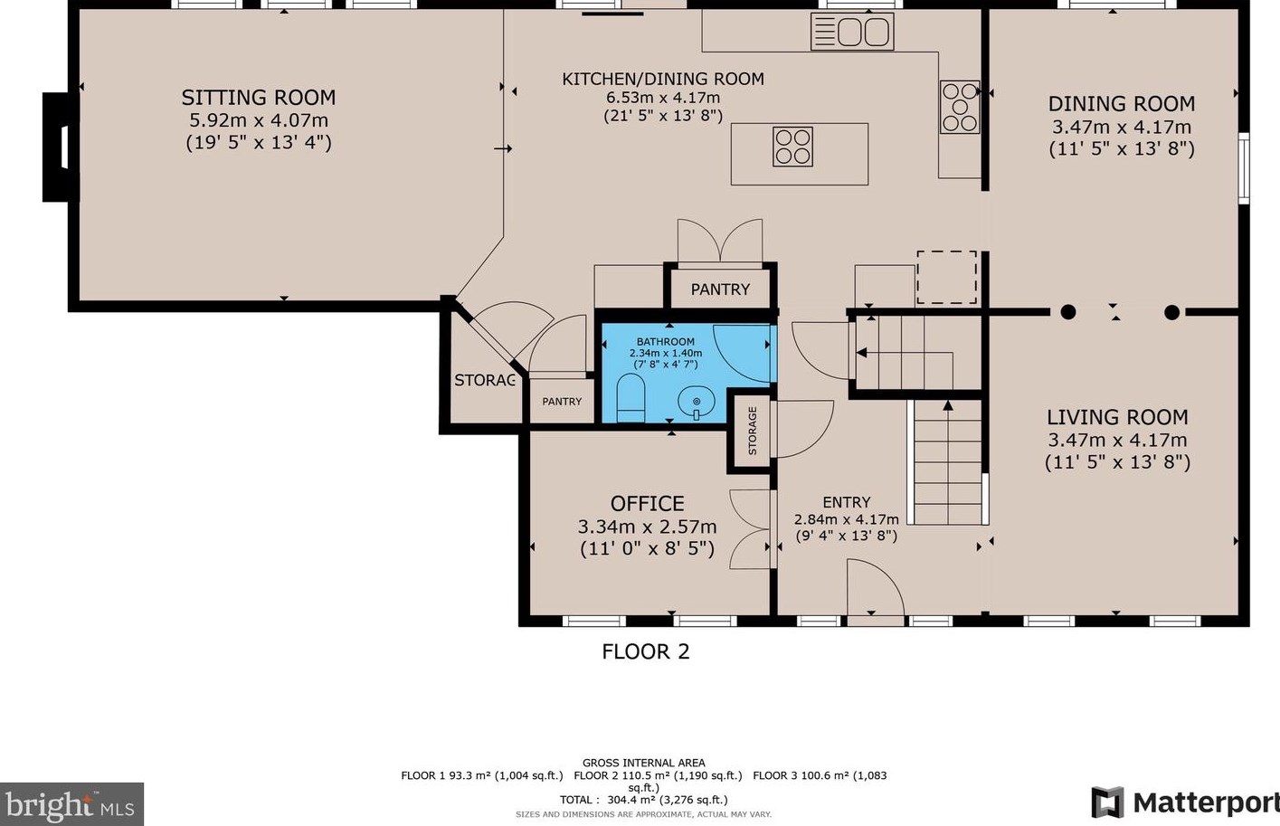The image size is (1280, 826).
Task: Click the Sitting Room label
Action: [x=258, y=98]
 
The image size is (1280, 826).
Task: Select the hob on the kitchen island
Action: [x=792, y=147]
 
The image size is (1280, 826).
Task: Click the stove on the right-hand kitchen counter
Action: [x=960, y=107]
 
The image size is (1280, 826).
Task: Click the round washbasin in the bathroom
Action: [x=696, y=400]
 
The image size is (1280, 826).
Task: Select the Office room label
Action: [x=647, y=504]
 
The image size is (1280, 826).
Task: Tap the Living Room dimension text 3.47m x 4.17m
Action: [x=1117, y=441]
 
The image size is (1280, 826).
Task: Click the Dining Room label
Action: [x=1121, y=104]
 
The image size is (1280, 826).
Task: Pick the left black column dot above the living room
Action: [x=1068, y=312]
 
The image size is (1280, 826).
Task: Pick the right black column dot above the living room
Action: [x=1172, y=312]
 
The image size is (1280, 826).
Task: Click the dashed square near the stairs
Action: [x=946, y=278]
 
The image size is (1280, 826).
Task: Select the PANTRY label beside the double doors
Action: [x=720, y=290]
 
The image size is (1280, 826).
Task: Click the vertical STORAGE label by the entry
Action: [x=752, y=431]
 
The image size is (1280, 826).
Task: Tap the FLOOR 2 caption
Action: [x=646, y=651]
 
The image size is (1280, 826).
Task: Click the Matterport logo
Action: [x=1184, y=802]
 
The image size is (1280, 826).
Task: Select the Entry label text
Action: [x=846, y=502]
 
